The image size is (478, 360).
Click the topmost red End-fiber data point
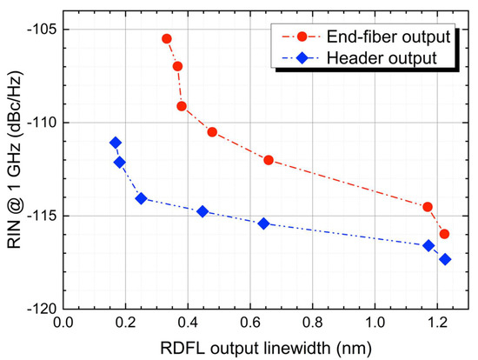[x=167, y=39]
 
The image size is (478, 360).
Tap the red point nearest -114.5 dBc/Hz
[x=428, y=207]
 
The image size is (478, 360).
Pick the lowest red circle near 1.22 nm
[x=445, y=234]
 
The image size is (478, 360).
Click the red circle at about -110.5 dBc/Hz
[x=212, y=132]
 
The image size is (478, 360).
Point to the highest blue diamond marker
[x=116, y=143]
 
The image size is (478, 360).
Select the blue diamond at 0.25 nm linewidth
[x=141, y=198]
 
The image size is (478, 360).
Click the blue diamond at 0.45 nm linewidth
[x=202, y=211]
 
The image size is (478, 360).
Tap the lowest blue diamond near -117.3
[x=445, y=259]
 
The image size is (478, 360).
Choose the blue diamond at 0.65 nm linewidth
[x=265, y=223]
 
